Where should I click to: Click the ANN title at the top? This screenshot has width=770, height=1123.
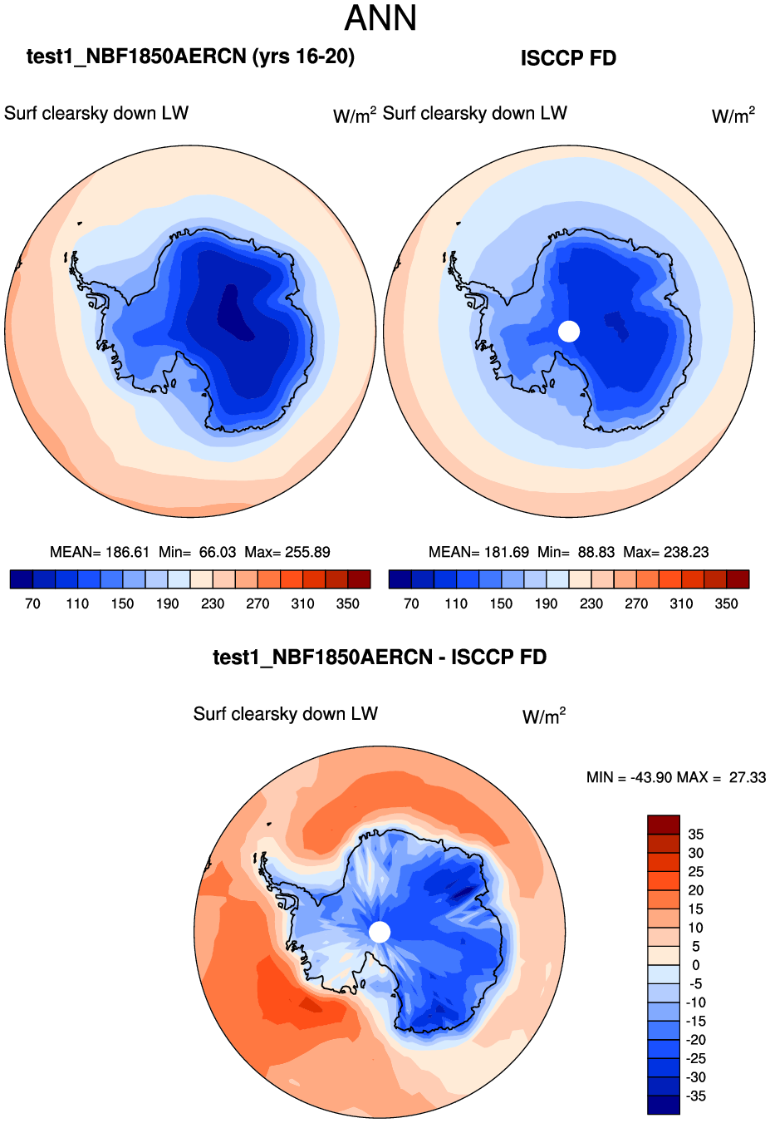pos(380,18)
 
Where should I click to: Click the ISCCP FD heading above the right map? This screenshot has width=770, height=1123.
pos(568,58)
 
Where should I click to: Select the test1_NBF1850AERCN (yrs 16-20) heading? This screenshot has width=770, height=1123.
pos(190,57)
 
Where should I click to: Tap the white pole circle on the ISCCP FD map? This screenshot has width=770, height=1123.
pos(569,331)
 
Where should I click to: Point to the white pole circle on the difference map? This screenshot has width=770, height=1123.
pos(380,932)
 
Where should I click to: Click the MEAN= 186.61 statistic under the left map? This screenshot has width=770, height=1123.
pos(100,552)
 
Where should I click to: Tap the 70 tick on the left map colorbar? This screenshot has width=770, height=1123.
pos(32,603)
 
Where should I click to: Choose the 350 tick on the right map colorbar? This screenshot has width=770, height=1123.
pos(726,603)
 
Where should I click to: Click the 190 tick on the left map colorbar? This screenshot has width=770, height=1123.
pos(168,603)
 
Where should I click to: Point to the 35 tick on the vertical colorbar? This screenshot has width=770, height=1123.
pos(696,834)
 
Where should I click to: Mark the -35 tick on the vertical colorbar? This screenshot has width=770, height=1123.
pos(696,1096)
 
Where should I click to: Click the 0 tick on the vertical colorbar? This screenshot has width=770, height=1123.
pos(696,965)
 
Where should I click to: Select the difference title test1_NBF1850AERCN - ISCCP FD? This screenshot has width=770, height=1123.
pos(380,658)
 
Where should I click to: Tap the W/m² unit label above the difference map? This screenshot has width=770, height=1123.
pos(544,717)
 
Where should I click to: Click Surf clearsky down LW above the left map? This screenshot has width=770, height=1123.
pos(96,113)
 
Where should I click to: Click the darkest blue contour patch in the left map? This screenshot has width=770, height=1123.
pos(234,313)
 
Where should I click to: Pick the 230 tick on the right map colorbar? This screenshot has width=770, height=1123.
pos(591,603)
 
